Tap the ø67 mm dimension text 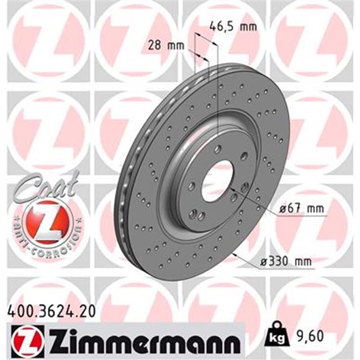tap(302, 210)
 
